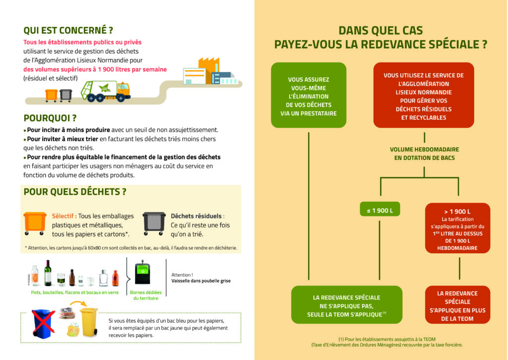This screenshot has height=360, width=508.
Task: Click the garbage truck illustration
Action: tap(105, 91)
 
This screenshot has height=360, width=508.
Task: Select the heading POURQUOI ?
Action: tap(50, 118)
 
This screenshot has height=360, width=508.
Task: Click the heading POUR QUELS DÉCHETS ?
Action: tap(75, 192)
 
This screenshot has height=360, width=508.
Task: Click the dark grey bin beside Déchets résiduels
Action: tap(154, 223)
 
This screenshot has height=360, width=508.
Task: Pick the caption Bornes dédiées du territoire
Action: tap(146, 295)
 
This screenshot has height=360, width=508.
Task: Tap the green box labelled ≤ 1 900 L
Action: tap(380, 211)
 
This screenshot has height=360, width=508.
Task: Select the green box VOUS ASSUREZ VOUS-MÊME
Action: tap(309, 96)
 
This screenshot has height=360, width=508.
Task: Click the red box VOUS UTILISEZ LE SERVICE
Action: tap(424, 96)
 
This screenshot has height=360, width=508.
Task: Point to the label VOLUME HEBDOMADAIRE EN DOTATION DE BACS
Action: tap(424, 153)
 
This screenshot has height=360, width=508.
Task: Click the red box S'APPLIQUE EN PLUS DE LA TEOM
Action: tap(457, 305)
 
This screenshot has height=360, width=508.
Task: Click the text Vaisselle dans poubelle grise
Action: tap(200, 281)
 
